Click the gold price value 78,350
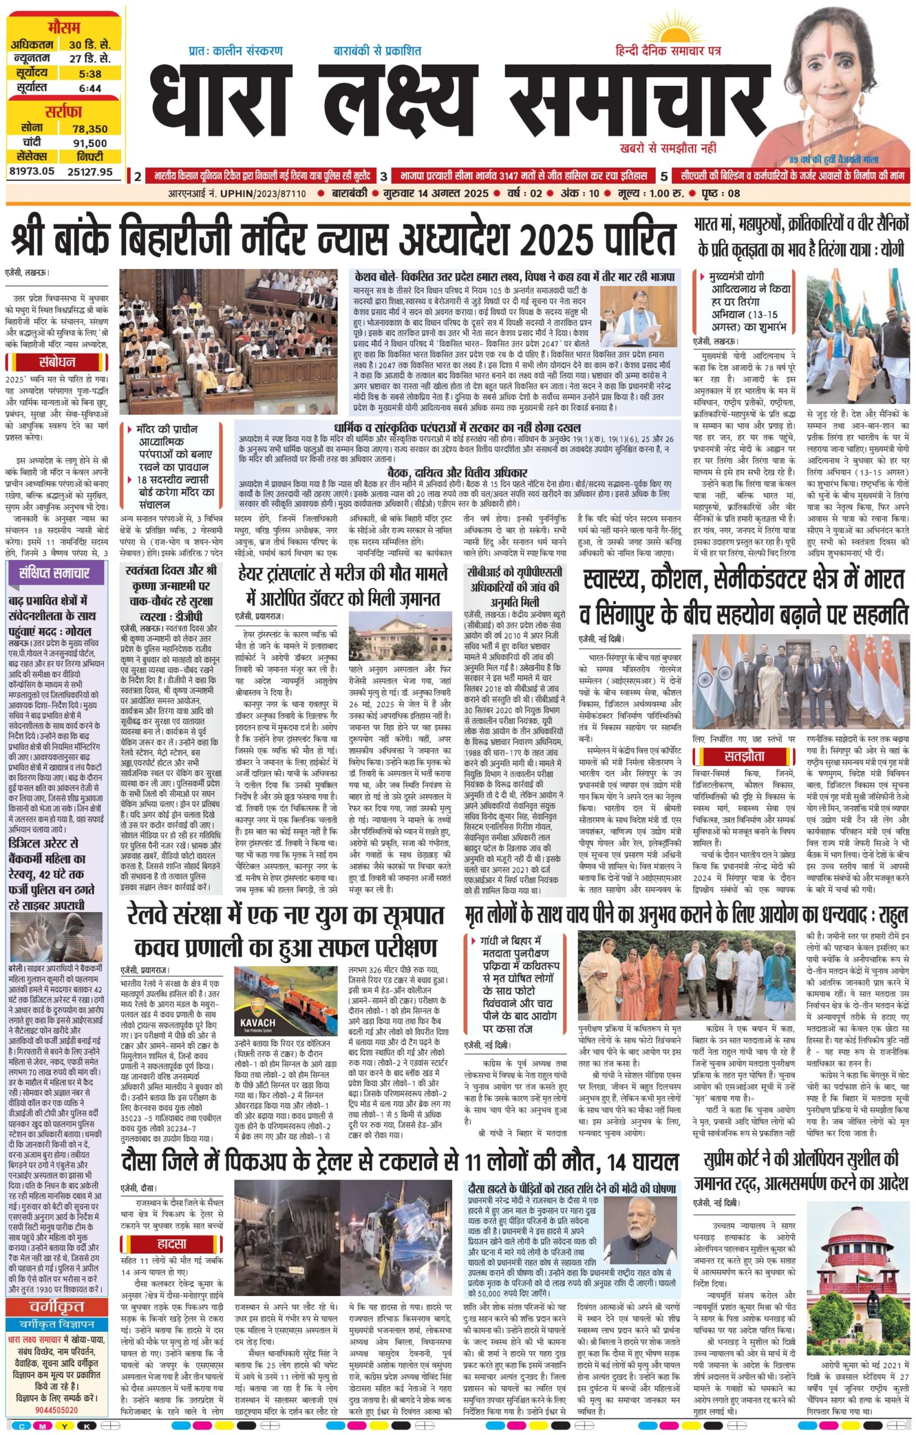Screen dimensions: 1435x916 pyautogui.click(x=89, y=129)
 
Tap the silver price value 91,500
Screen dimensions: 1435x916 pyautogui.click(x=89, y=143)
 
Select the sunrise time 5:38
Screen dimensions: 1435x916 pyautogui.click(x=89, y=74)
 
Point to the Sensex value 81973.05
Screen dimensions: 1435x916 pyautogui.click(x=31, y=172)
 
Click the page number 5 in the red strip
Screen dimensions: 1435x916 pyautogui.click(x=664, y=176)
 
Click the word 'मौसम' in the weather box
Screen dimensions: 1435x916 pyautogui.click(x=65, y=27)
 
